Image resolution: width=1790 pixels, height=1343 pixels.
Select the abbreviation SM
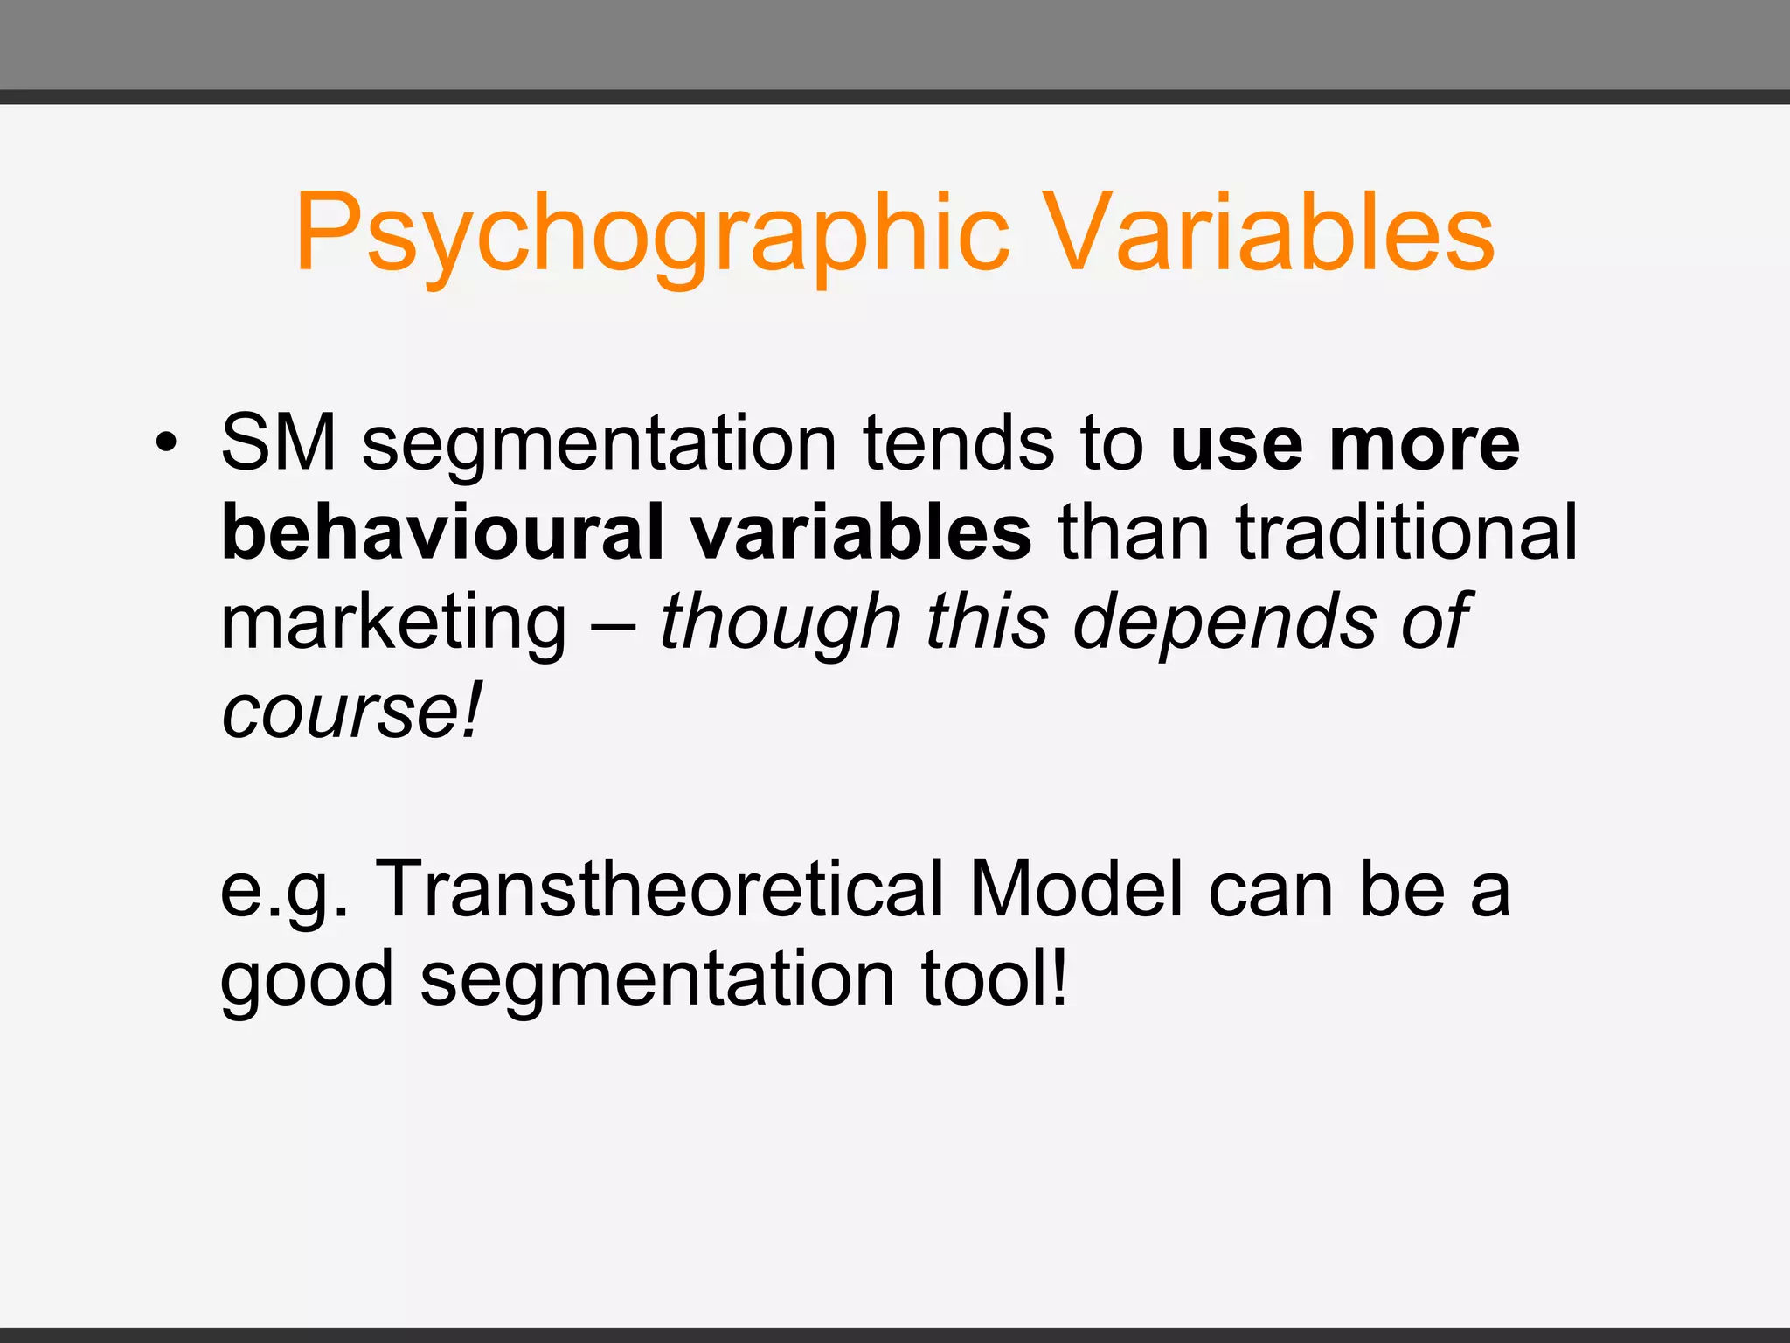(x=279, y=443)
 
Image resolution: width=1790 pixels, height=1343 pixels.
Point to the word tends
(x=959, y=443)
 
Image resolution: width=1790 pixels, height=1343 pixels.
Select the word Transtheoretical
(x=660, y=889)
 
